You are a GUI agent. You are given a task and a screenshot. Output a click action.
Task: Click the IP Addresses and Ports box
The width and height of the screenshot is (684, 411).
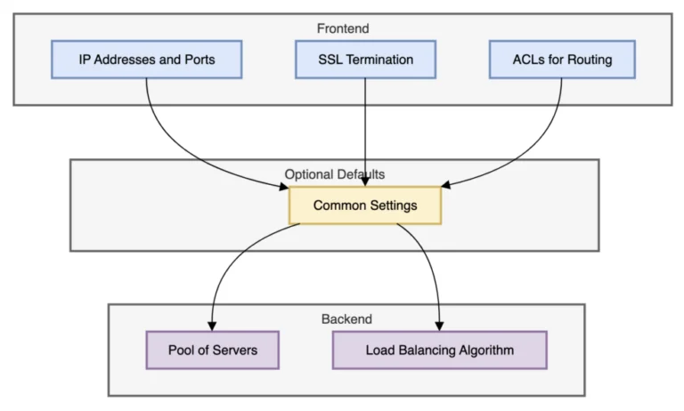[147, 60]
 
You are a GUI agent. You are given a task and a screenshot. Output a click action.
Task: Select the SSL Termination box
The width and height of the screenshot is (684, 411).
[365, 60]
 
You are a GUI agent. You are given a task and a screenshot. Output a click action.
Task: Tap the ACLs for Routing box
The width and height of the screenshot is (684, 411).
[562, 60]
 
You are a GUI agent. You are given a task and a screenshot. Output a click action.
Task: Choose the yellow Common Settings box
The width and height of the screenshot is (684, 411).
[365, 205]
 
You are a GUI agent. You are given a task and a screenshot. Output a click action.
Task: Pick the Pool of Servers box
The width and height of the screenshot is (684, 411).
[213, 350]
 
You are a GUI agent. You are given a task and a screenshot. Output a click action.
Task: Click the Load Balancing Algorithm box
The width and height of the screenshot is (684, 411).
[440, 350]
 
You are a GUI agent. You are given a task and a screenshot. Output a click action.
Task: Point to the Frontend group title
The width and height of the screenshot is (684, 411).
[343, 28]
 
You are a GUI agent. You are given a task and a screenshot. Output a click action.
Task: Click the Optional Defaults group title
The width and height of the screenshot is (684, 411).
[335, 174]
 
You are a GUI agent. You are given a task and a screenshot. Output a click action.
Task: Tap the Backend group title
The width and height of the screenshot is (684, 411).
[346, 319]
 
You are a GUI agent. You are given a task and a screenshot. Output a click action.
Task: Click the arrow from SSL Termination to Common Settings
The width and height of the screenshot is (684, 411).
[365, 133]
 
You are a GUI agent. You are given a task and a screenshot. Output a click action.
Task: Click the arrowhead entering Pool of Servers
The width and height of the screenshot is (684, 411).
[212, 326]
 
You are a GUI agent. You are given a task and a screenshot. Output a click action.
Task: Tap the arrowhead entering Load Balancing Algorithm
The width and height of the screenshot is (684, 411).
[439, 326]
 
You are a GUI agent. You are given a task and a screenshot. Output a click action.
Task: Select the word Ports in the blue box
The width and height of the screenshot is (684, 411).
[201, 60]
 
